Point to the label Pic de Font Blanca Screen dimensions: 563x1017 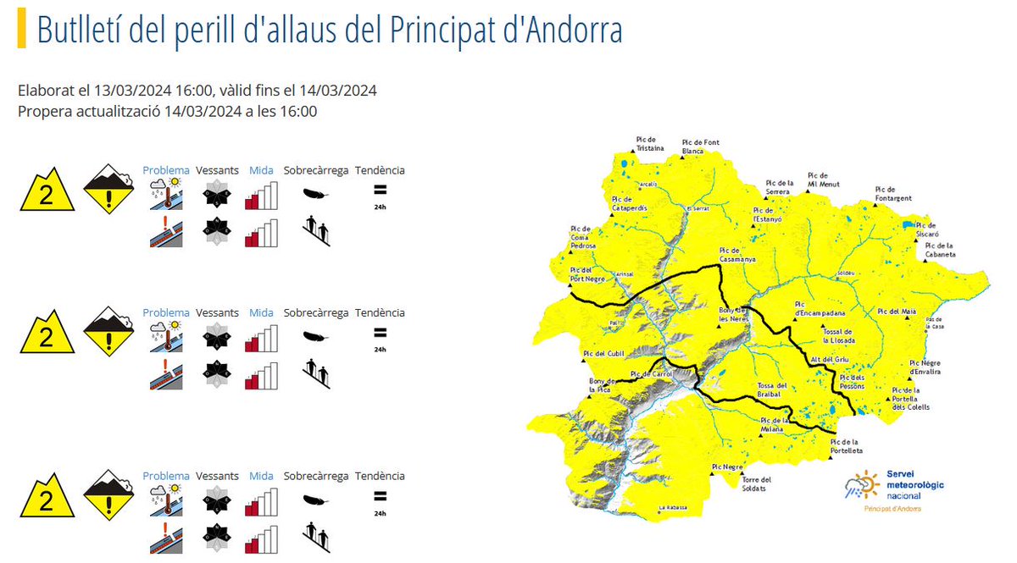[700, 146]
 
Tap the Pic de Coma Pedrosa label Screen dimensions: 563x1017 [583, 237]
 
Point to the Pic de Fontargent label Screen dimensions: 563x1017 [894, 194]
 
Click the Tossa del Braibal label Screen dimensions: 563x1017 [772, 389]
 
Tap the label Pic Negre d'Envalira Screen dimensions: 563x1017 [925, 367]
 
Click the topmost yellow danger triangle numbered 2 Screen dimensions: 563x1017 [47, 193]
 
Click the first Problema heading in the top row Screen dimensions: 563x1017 [166, 170]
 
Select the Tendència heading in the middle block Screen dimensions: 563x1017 [380, 312]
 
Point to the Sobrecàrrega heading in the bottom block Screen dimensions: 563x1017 [316, 476]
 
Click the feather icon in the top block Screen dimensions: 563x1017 [316, 193]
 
